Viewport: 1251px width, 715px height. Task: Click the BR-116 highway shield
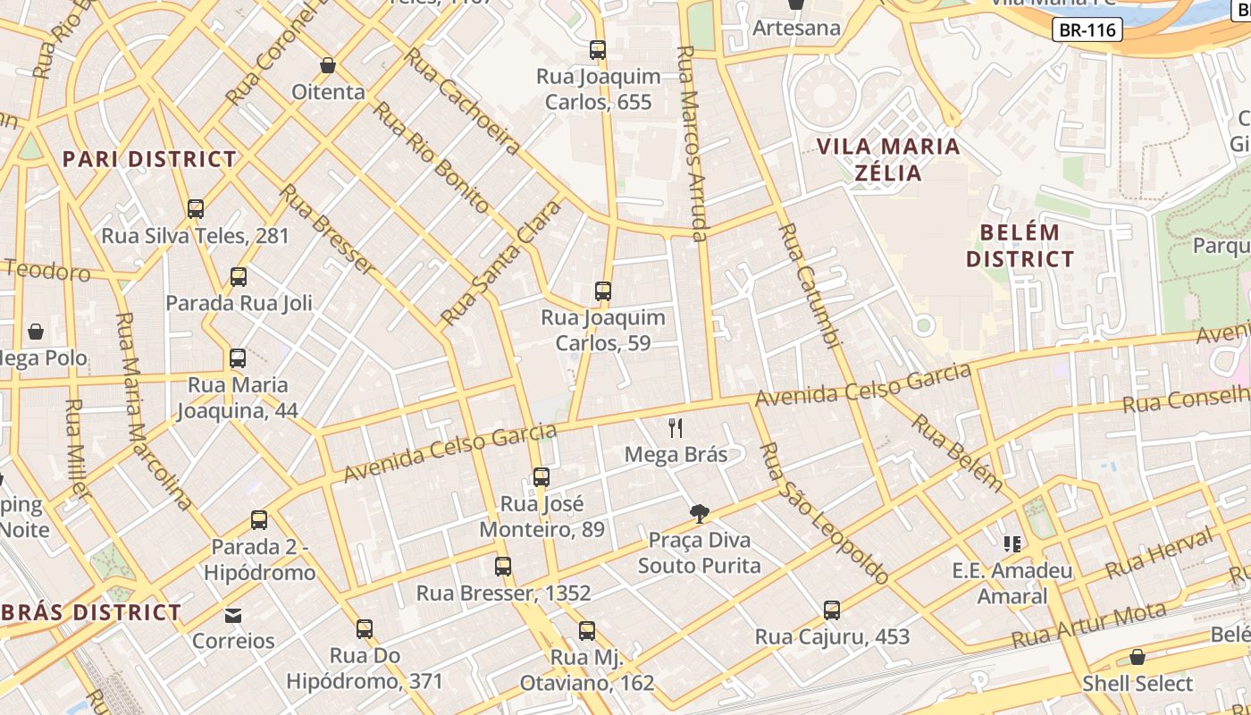pyautogui.click(x=1087, y=29)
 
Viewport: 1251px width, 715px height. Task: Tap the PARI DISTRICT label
pyautogui.click(x=149, y=159)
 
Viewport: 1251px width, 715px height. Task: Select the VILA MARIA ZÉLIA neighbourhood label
pyautogui.click(x=888, y=159)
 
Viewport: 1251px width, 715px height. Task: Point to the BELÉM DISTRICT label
pyautogui.click(x=1020, y=246)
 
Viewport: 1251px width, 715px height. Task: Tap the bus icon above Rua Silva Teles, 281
pyautogui.click(x=196, y=209)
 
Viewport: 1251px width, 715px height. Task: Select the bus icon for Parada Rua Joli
pyautogui.click(x=239, y=277)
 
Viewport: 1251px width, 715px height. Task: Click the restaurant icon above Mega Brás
pyautogui.click(x=676, y=428)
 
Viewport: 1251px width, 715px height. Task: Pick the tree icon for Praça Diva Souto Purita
pyautogui.click(x=700, y=514)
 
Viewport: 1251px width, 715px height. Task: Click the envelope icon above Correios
pyautogui.click(x=233, y=616)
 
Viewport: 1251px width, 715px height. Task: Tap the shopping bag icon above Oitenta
pyautogui.click(x=328, y=66)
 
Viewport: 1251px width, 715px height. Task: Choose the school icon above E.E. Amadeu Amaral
pyautogui.click(x=1012, y=543)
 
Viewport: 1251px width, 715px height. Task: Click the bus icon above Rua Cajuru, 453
pyautogui.click(x=832, y=610)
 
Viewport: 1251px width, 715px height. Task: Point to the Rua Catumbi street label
pyautogui.click(x=810, y=286)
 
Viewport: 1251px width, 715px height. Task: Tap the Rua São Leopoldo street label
pyautogui.click(x=823, y=513)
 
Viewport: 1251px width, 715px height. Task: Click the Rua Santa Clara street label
pyautogui.click(x=501, y=263)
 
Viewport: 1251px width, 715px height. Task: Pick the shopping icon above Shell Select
pyautogui.click(x=1138, y=658)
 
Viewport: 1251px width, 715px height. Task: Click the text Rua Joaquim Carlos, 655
pyautogui.click(x=599, y=89)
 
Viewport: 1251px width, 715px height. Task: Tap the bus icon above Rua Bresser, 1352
pyautogui.click(x=503, y=567)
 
